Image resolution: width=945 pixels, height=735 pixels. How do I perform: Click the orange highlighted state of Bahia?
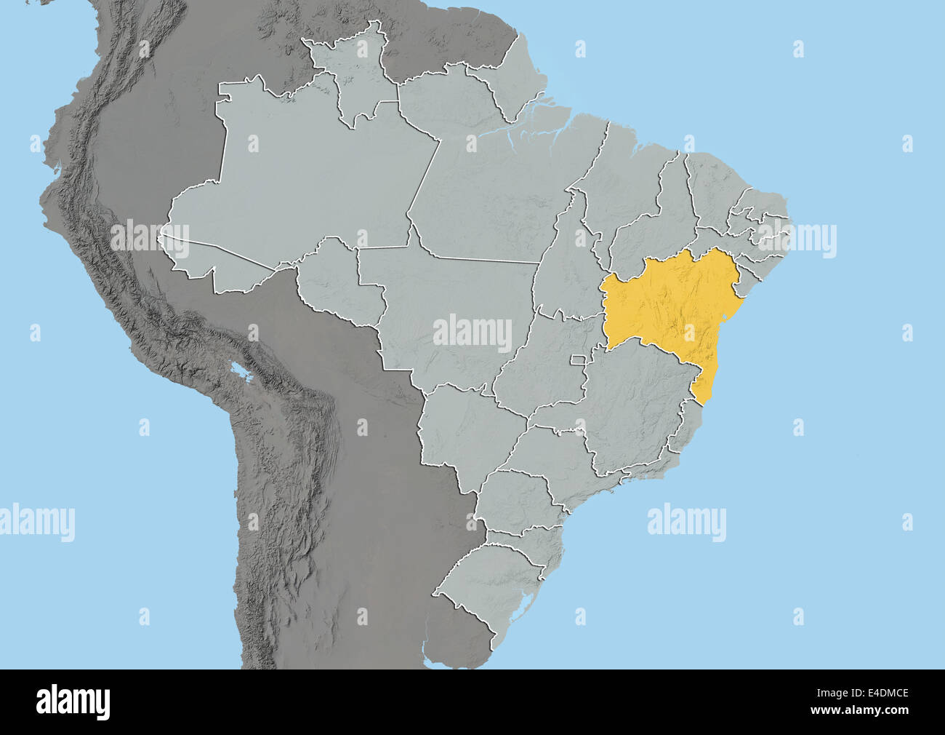pyautogui.click(x=665, y=306)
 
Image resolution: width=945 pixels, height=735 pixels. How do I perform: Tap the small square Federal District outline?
pyautogui.click(x=578, y=359)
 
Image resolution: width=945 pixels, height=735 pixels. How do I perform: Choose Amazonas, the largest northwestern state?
pyautogui.click(x=305, y=182)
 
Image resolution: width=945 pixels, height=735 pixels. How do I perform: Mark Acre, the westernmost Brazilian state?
pyautogui.click(x=211, y=262)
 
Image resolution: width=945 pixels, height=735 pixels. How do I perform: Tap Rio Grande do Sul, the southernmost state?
pyautogui.click(x=494, y=582)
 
